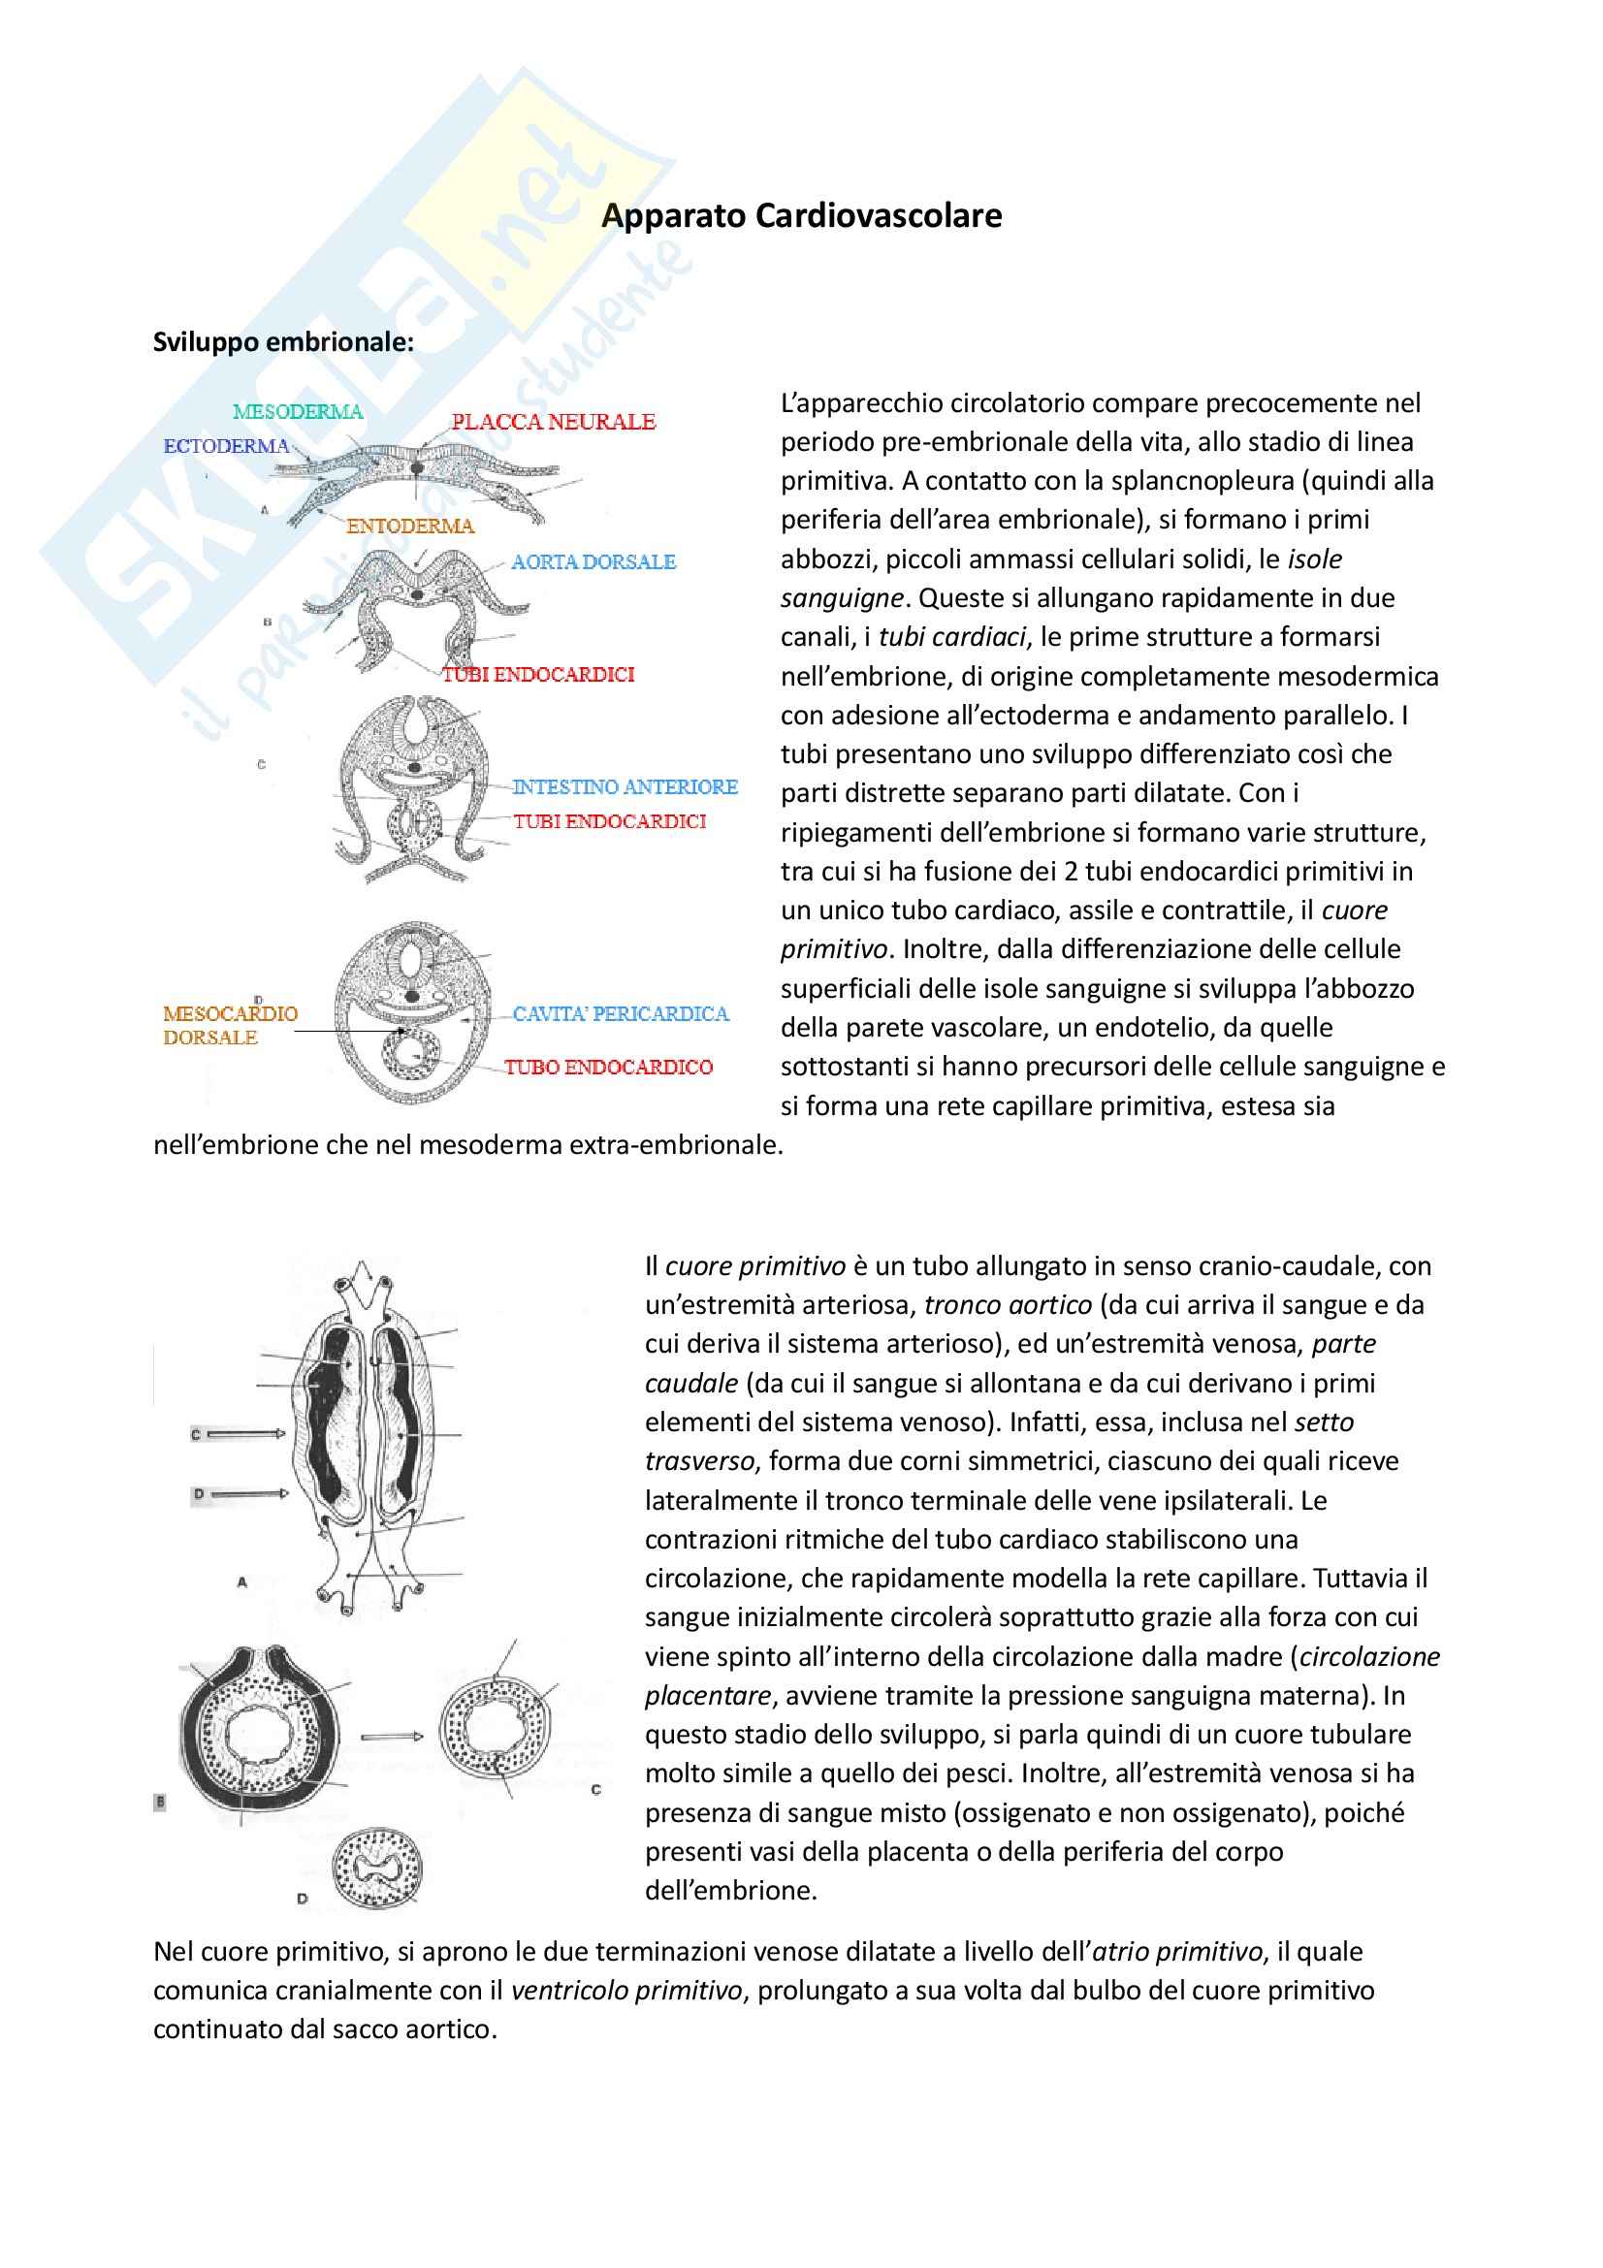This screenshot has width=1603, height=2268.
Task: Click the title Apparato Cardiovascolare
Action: tap(801, 215)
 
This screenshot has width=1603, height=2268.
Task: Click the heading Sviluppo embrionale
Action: tap(282, 341)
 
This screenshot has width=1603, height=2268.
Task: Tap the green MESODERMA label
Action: tap(298, 411)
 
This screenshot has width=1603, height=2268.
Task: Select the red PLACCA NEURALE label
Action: tap(553, 422)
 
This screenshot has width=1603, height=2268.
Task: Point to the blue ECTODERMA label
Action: tap(226, 445)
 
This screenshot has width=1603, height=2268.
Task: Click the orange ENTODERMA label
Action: tap(410, 526)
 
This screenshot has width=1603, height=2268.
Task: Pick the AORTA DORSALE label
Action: tap(593, 562)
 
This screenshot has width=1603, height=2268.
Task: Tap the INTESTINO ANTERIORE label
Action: tap(625, 786)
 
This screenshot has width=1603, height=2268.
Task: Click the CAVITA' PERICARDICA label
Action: tap(621, 1013)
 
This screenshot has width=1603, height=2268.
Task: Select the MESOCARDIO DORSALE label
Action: tap(229, 1024)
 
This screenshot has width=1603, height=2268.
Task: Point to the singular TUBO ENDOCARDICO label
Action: tap(608, 1067)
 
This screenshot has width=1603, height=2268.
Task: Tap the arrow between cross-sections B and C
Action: tap(391, 1736)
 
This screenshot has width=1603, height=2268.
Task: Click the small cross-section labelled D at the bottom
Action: tap(378, 1869)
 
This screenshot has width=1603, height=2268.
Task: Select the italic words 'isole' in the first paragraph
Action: tap(1315, 559)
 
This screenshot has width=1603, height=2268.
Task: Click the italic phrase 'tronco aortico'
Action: tap(1008, 1305)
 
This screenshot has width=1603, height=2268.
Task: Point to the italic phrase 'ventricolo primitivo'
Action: tap(625, 1991)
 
